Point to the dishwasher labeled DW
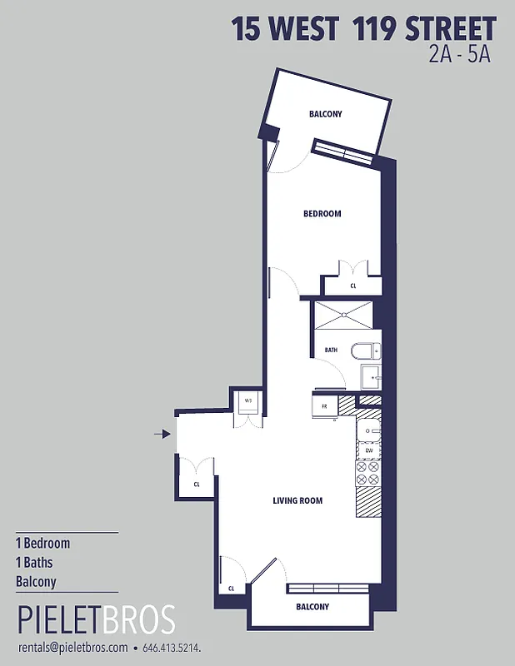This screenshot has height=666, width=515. pos(368,450)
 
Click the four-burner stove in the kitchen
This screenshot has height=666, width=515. pos(367,473)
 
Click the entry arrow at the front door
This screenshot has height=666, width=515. pos(162,433)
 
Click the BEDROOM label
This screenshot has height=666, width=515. pos(322,214)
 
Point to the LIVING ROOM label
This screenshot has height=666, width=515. pos(297,500)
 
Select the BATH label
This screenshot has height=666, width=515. pos(331,350)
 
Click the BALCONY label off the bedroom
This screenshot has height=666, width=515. pos(325,114)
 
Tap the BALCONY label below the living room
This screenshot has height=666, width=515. pos(312,607)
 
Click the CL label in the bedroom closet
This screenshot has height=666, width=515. pos(353,286)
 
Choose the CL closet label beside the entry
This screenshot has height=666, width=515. pos(197,484)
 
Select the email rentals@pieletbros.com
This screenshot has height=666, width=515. pos(72,647)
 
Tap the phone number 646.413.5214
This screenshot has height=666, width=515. pos(172,647)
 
